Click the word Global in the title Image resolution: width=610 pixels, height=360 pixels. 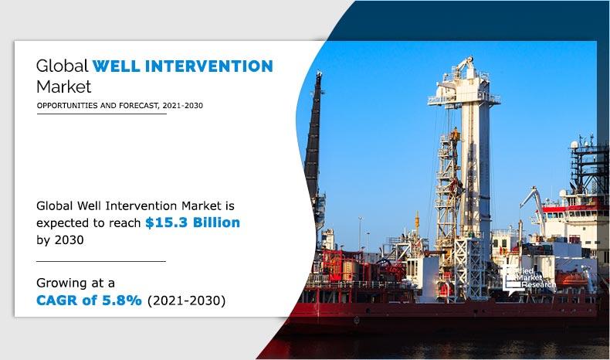pyautogui.click(x=62, y=66)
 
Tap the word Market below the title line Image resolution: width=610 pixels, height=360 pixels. pyautogui.click(x=64, y=86)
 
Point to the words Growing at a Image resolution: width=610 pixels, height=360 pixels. pyautogui.click(x=75, y=283)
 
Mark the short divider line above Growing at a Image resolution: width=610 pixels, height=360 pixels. pyautogui.click(x=100, y=261)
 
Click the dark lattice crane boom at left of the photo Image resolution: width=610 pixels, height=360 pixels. pyautogui.click(x=313, y=139)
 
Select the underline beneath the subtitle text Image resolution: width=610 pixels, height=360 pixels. pyautogui.click(x=100, y=114)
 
